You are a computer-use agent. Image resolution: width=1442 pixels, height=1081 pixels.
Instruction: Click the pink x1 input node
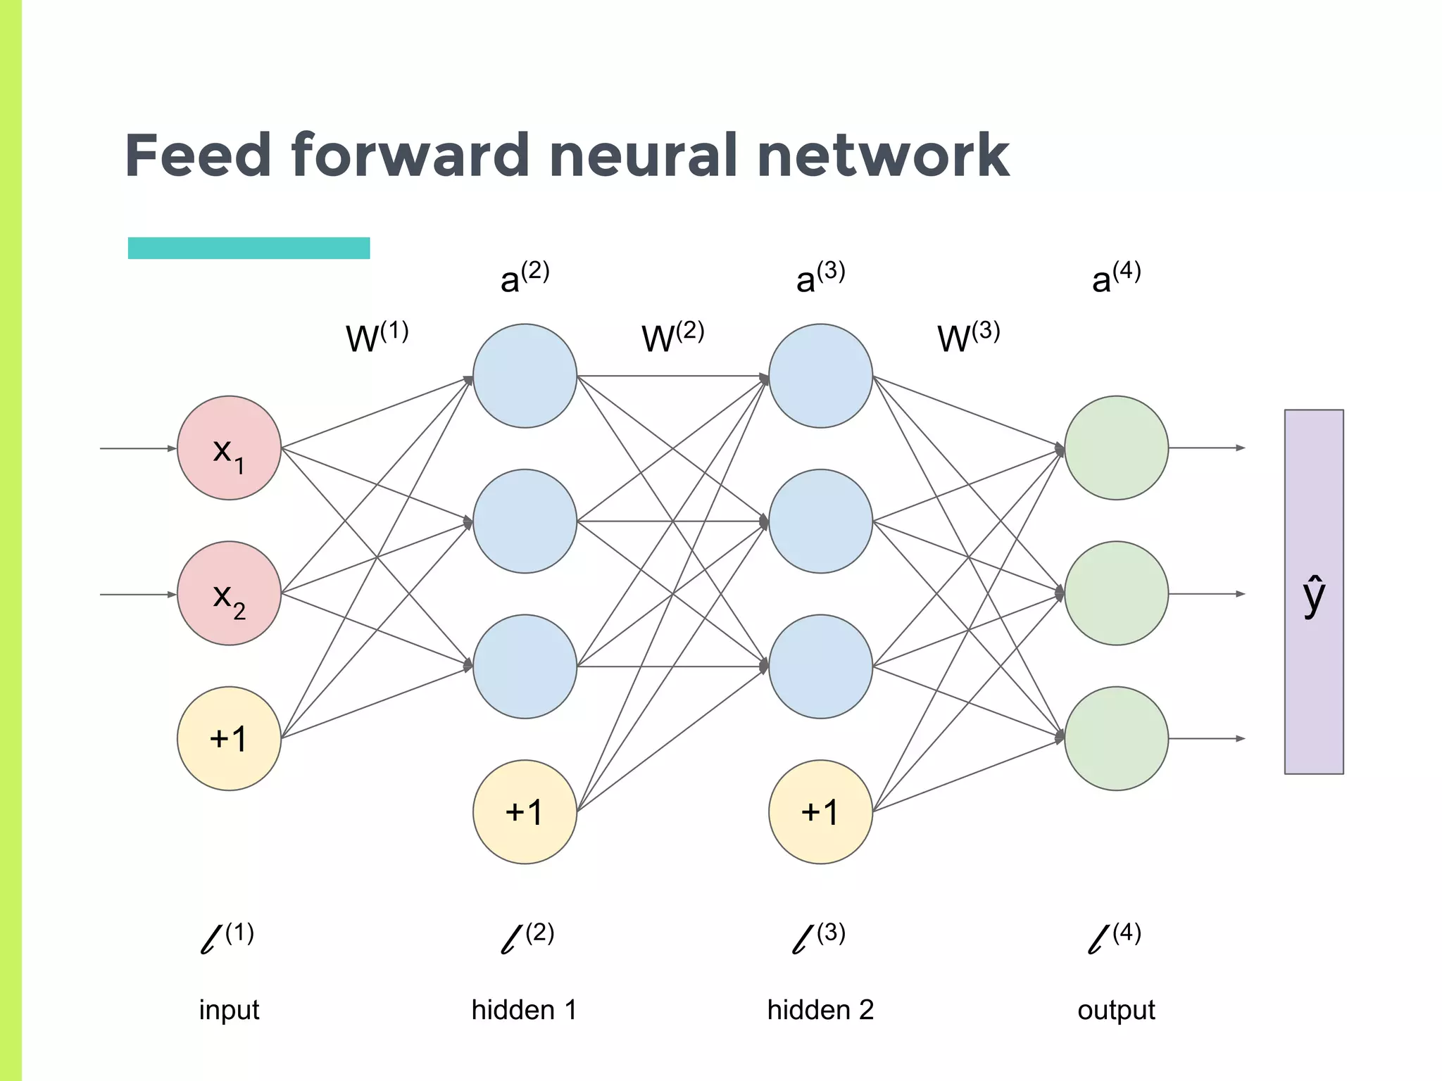coord(229,448)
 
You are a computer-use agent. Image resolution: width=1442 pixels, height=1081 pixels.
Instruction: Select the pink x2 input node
coord(229,593)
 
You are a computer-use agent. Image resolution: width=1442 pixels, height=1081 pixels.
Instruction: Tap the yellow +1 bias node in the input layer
coord(229,738)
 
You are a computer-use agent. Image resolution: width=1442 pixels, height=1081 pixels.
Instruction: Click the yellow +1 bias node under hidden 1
coord(525,811)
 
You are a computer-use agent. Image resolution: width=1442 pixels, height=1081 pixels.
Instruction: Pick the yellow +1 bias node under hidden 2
coord(820,811)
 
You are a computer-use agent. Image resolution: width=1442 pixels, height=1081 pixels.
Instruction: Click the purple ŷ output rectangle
coord(1314,592)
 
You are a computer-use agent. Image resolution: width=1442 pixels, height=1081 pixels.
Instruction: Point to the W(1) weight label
coord(377,337)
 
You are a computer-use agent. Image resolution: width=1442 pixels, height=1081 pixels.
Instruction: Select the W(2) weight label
coord(672,337)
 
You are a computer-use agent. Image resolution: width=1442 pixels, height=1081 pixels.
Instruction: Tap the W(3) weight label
coord(968,337)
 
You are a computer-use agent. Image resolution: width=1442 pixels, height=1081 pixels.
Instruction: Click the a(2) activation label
coord(525,277)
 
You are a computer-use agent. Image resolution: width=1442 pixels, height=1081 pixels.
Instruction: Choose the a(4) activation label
coord(1116,277)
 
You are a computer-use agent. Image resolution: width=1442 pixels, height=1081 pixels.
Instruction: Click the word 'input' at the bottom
coord(229,1010)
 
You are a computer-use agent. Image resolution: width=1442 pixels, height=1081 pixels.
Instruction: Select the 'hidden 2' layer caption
coord(820,1010)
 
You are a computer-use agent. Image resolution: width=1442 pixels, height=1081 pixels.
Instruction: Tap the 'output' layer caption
coord(1116,1010)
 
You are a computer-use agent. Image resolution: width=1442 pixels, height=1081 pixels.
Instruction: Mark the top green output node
coord(1116,448)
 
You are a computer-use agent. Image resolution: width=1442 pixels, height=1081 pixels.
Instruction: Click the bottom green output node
coord(1116,738)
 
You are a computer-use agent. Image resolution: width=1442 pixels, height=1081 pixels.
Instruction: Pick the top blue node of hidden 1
coord(525,376)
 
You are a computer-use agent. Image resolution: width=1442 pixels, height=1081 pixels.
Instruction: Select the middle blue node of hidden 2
coord(820,521)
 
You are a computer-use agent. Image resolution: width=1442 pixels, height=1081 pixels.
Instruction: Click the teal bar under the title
coord(249,248)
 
